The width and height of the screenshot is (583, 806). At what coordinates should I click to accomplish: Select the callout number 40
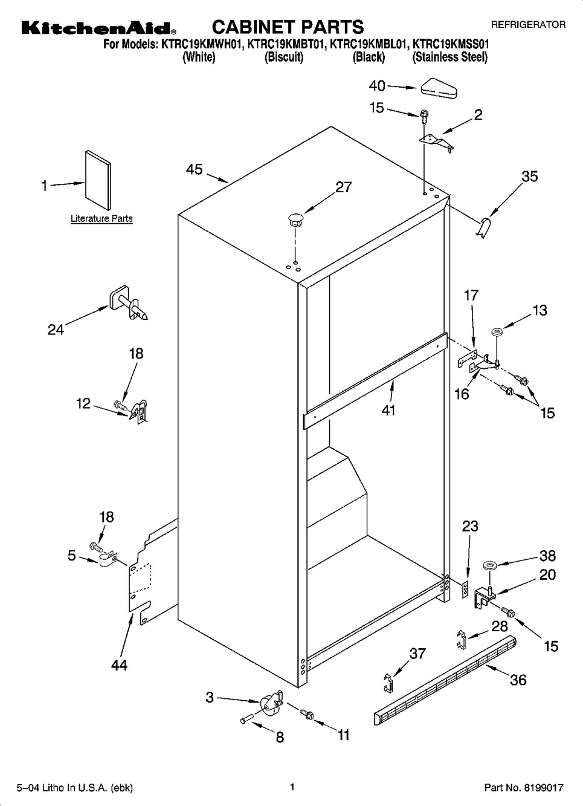coord(377,86)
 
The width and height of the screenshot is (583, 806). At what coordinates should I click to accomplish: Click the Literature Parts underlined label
coord(101,219)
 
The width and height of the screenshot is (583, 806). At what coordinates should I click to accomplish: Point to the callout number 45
coord(195,170)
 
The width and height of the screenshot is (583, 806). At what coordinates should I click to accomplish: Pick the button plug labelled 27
coord(295,219)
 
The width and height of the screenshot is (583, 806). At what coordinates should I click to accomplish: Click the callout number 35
coord(529,177)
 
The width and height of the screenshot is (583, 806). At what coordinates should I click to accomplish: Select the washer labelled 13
coord(497,331)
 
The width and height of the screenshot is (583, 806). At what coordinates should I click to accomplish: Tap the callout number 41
coord(388,410)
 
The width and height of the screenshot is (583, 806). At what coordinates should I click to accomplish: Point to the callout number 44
coord(120,665)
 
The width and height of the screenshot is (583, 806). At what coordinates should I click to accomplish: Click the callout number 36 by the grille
coord(518,680)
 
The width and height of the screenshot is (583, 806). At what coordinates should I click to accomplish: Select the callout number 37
coord(417,653)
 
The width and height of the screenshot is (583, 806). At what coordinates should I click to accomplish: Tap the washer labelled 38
coord(489,566)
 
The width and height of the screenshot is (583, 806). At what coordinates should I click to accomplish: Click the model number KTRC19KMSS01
coord(451,44)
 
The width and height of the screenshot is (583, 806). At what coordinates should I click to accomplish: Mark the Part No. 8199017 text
coord(524,788)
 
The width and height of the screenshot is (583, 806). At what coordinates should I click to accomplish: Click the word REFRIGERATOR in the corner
coord(528,25)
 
